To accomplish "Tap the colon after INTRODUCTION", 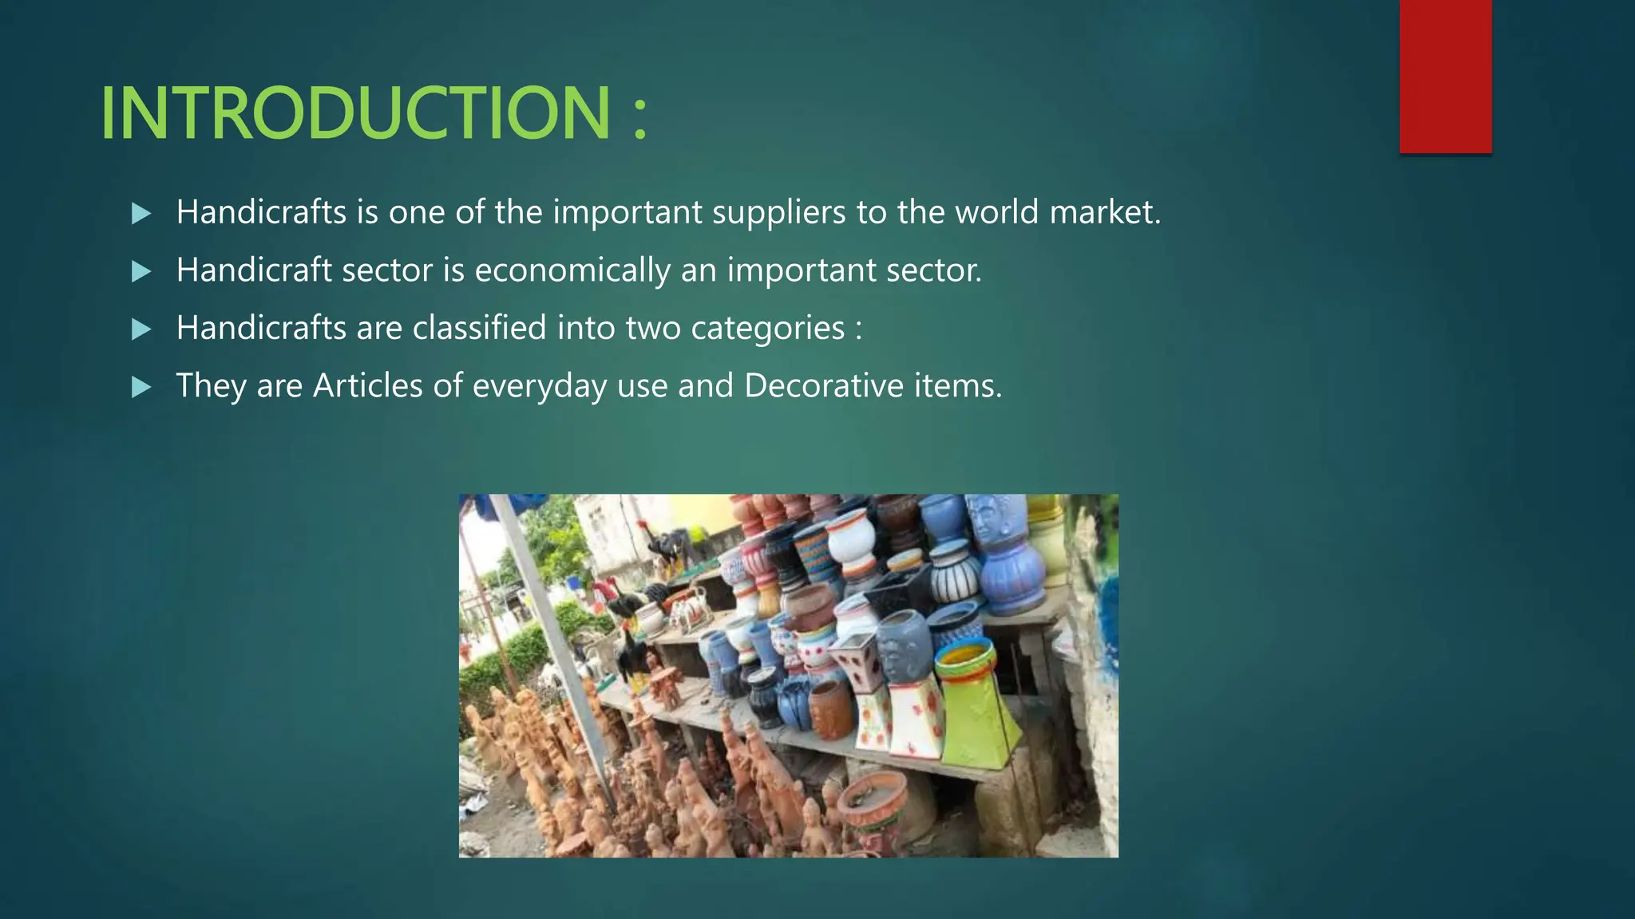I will [639, 120].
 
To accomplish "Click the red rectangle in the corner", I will [1445, 76].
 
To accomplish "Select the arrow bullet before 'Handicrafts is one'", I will [141, 213].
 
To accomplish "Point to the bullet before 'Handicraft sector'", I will [141, 271].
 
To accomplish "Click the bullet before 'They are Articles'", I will [141, 387].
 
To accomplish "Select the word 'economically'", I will [572, 271].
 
